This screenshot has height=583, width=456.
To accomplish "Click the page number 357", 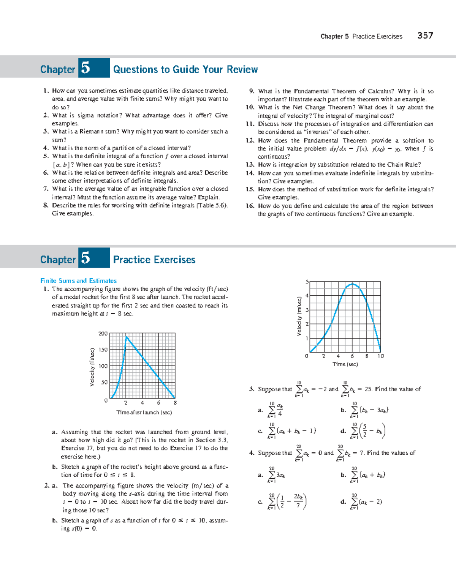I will (x=425, y=36).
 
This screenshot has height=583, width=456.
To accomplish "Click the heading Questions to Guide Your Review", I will (x=185, y=69).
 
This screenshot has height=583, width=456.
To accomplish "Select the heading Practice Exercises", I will (x=154, y=260).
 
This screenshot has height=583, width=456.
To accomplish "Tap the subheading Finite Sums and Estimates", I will (x=78, y=281).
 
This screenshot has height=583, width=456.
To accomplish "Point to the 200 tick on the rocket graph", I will (x=103, y=334).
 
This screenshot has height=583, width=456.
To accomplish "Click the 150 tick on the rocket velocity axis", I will (x=103, y=350).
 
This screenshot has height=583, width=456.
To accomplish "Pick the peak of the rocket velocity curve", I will (x=127, y=337).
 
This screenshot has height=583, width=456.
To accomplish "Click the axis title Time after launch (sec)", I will (x=144, y=413).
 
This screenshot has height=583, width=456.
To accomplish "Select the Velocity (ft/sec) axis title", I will (x=92, y=367).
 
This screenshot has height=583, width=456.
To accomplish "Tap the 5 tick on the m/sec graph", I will (x=307, y=282).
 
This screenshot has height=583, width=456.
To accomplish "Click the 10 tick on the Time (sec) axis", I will (x=380, y=356).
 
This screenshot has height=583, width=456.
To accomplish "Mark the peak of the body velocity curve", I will (x=353, y=284).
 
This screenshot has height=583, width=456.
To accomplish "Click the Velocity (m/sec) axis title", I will (x=299, y=316).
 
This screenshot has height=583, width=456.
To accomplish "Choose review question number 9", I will (x=252, y=91).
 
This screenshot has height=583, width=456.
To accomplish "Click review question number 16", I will (x=250, y=206).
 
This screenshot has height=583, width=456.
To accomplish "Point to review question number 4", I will (x=46, y=148).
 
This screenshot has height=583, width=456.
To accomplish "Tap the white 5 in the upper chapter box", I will (x=86, y=68).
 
